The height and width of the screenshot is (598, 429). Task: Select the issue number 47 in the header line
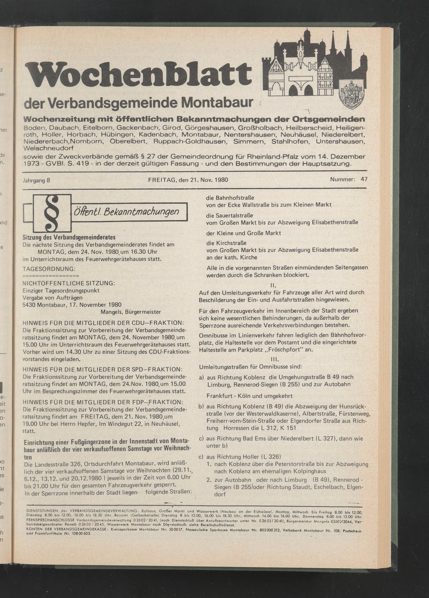click(364, 179)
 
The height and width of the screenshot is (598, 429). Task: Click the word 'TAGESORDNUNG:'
click(49, 269)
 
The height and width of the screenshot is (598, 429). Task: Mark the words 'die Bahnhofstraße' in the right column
click(228, 198)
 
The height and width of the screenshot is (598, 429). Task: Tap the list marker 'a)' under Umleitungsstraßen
click(202, 377)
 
